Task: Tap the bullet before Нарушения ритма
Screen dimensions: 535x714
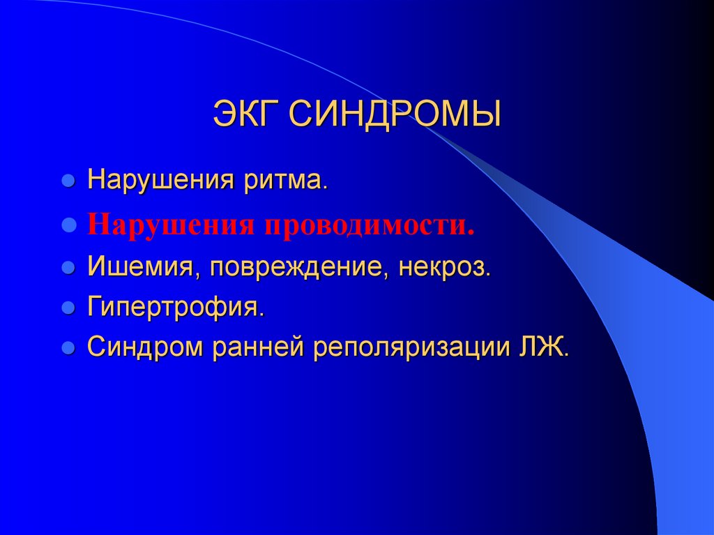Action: tap(68, 182)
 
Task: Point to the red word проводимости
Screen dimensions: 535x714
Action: tap(368, 225)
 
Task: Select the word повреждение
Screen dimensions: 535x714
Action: tap(296, 268)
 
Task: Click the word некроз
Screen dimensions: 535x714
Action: tap(445, 268)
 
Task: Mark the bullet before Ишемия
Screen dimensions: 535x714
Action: tap(68, 269)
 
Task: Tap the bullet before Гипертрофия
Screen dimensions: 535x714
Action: tap(68, 308)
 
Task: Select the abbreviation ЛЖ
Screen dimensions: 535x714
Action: tap(542, 347)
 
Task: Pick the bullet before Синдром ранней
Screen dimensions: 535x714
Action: tap(68, 347)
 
